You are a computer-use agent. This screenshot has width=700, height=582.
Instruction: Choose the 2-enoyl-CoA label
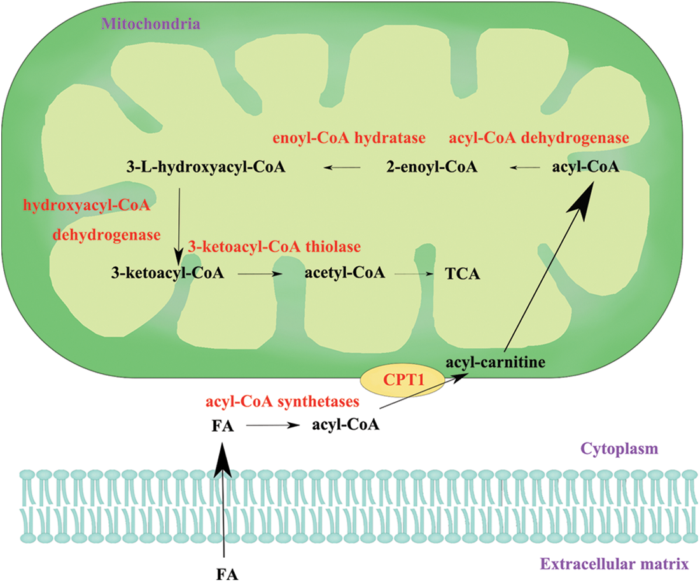pos(432,167)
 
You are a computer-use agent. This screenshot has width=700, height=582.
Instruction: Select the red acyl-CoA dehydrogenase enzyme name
pos(539,138)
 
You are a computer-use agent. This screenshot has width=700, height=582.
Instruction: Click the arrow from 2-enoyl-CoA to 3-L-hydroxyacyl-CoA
pos(343,167)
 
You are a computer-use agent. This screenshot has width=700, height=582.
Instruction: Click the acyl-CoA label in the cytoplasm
pos(346,425)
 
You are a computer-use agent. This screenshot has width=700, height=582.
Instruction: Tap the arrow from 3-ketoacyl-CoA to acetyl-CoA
pos(260,274)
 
